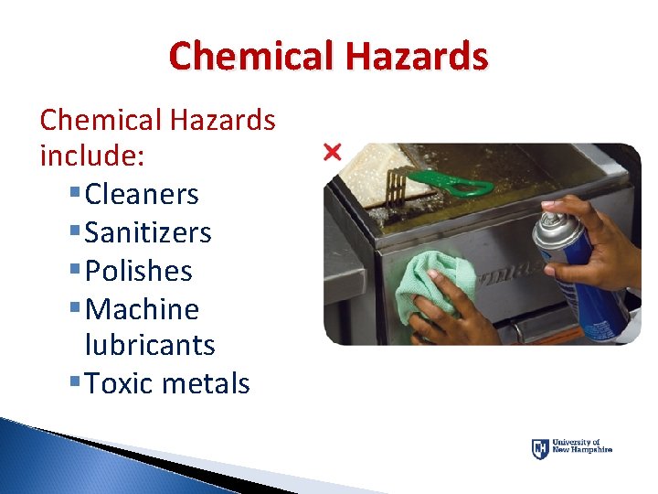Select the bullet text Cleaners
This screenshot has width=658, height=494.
coord(141,194)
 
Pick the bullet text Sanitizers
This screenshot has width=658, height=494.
coord(147,232)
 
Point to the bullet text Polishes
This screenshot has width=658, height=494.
coord(138,271)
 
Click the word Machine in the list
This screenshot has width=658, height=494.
coord(141,309)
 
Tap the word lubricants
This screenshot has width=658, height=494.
coord(149,345)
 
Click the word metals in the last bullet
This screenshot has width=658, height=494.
coord(205,383)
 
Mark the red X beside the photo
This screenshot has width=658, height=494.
coord(333,151)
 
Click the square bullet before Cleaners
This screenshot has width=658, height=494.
coord(73,195)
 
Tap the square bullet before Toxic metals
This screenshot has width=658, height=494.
coord(73,384)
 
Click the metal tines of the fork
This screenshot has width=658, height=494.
coord(396,187)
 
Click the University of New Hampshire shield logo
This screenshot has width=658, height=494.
coord(540,449)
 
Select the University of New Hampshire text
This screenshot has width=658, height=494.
coord(583,447)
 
